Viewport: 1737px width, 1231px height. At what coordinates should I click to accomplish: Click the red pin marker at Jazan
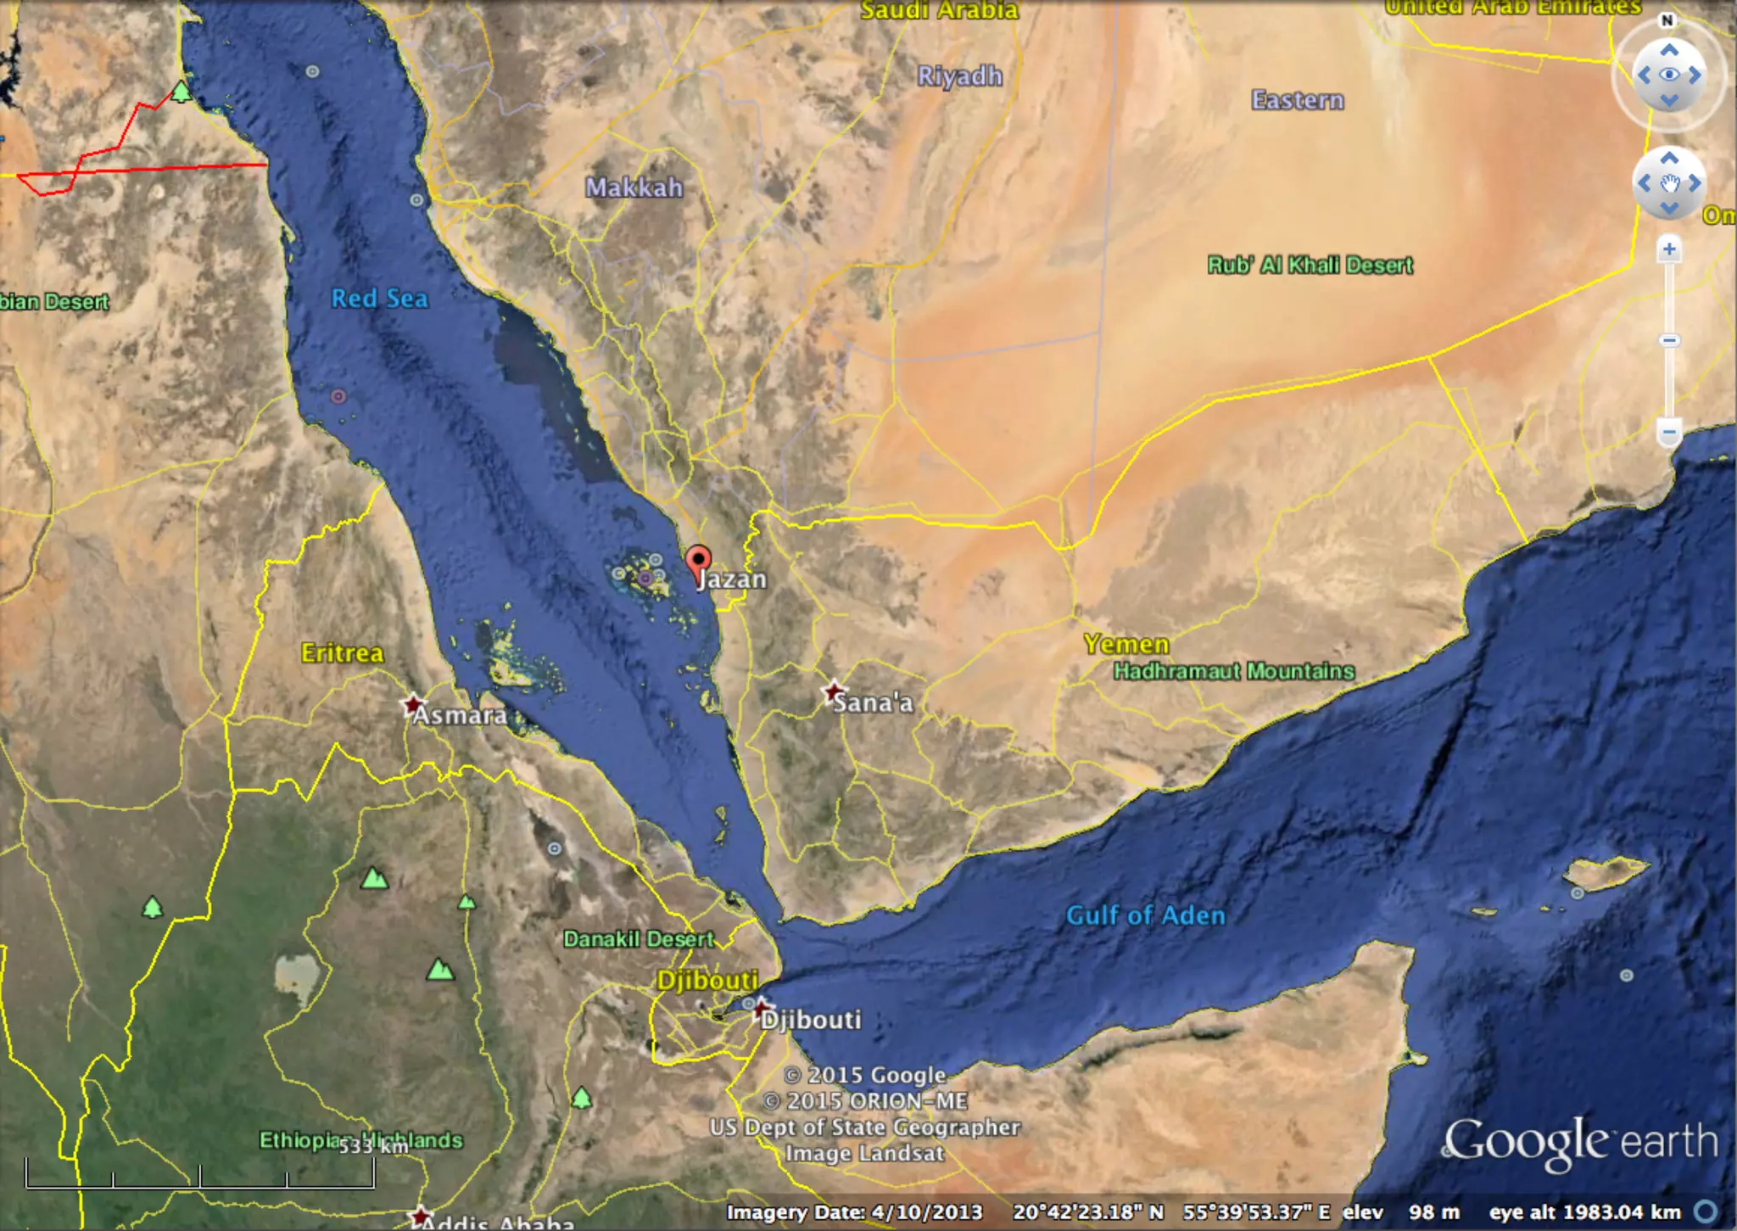[x=698, y=561]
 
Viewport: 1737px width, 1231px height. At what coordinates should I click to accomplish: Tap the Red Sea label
[x=379, y=299]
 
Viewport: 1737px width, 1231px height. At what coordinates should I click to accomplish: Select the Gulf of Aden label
[x=1145, y=915]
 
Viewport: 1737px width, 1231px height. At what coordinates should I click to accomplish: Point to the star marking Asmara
[x=413, y=704]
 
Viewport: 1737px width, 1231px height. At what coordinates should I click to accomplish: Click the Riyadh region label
[x=959, y=76]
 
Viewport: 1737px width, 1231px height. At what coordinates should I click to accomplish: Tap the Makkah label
[x=634, y=187]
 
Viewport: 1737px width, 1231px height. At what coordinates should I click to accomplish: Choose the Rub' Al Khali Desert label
[x=1310, y=266]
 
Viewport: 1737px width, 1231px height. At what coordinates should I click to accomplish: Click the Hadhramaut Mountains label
[x=1233, y=671]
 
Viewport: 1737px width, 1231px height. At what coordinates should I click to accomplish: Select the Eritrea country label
[x=342, y=652]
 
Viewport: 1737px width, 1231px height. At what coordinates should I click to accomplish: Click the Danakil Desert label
[x=639, y=939]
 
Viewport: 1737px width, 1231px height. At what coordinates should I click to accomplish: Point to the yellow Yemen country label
[x=1125, y=644]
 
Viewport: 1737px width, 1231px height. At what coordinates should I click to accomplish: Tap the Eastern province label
[x=1297, y=100]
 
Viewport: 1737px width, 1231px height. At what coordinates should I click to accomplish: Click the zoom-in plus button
[x=1668, y=249]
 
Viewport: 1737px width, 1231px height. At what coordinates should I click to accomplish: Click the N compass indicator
[x=1667, y=20]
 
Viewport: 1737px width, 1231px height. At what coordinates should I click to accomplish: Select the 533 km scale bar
[x=200, y=1175]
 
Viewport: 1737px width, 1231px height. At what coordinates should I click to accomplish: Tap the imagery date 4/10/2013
[x=854, y=1212]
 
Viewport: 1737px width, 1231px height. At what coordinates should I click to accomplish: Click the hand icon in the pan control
[x=1669, y=183]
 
